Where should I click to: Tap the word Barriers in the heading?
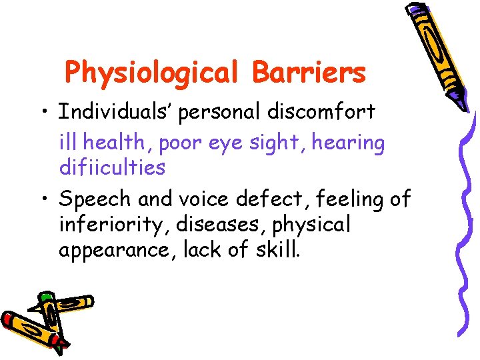click(309, 72)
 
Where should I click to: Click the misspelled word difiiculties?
click(112, 167)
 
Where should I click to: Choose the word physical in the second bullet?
click(311, 225)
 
